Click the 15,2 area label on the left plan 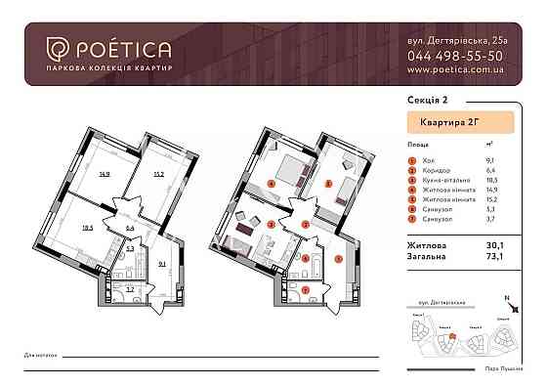click(159, 178)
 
